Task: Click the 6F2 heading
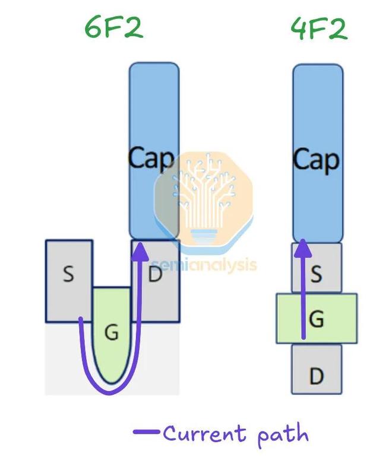pos(113,28)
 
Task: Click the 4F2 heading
pos(318,28)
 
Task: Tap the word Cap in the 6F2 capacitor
pos(151,158)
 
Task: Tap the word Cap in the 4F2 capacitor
pos(316,159)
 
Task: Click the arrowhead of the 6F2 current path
pos(140,250)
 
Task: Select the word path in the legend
pos(283,435)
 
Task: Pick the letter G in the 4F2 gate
pos(317,319)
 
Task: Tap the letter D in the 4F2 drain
pos(317,376)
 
